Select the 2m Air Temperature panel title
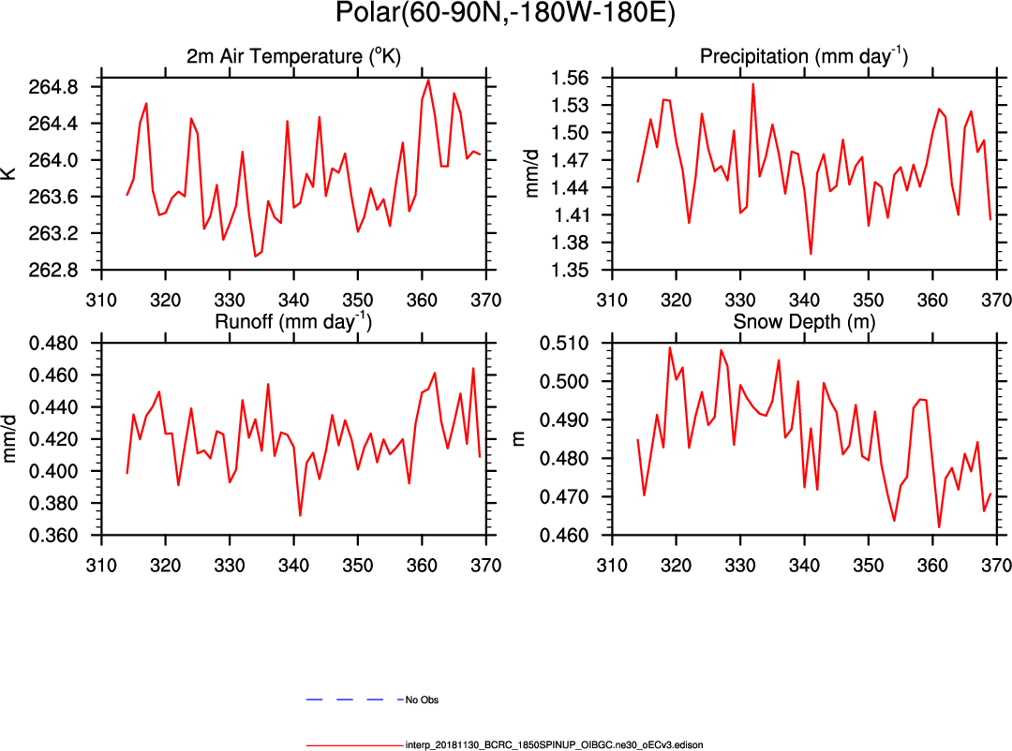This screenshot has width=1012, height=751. click(293, 57)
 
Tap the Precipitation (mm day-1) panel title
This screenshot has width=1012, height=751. click(803, 57)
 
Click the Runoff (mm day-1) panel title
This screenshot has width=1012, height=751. click(293, 322)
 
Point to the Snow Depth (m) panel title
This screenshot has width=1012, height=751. click(803, 322)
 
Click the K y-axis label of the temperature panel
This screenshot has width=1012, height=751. click(11, 173)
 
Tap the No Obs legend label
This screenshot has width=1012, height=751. click(422, 699)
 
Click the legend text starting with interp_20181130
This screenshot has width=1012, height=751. click(554, 745)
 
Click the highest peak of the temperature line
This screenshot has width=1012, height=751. click(428, 80)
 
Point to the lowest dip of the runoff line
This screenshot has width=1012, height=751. click(300, 515)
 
